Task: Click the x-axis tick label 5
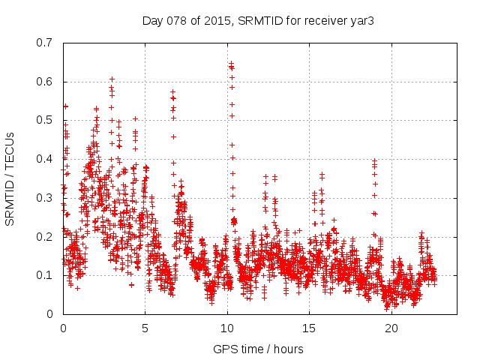tap(145, 328)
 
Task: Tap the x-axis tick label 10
tap(227, 328)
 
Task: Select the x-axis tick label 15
tap(309, 328)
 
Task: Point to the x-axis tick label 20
tap(391, 328)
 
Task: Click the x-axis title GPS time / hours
tap(259, 349)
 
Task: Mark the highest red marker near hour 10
tap(231, 63)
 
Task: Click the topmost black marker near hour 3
tap(112, 79)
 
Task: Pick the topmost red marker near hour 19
tap(374, 160)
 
